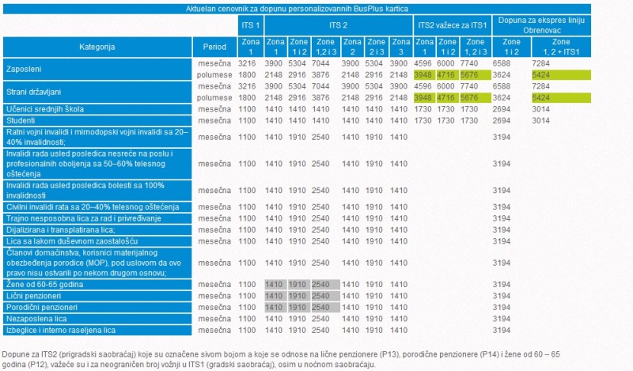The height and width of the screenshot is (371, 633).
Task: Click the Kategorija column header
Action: pos(97,47)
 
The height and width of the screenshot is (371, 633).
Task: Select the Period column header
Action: pos(214,47)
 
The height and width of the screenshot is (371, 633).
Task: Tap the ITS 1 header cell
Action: pos(248,25)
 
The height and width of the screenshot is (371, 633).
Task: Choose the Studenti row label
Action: pos(23,120)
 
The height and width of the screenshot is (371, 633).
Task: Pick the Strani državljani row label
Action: pos(34,91)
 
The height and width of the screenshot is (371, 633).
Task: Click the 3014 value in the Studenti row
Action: pos(541,120)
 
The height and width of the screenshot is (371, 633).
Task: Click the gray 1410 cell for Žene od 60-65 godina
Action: pos(275,284)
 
